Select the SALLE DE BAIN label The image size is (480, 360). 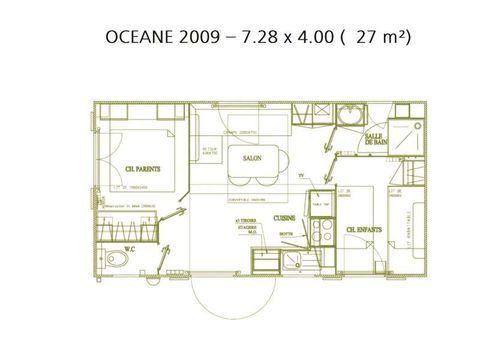pyautogui.click(x=376, y=142)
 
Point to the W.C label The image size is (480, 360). pyautogui.click(x=129, y=249)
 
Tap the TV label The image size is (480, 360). pyautogui.click(x=301, y=173)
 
